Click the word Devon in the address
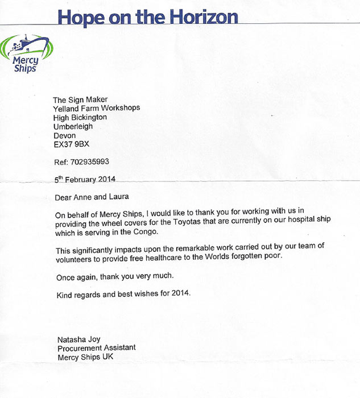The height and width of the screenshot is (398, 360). coord(64,136)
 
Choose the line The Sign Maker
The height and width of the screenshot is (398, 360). coord(80,100)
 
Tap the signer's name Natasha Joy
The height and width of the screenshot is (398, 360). coord(78,339)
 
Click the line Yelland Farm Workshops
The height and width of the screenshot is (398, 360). coord(97,108)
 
